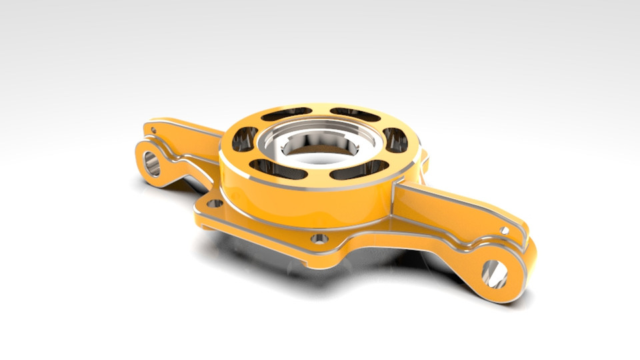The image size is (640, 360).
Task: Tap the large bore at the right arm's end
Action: pyautogui.click(x=495, y=271)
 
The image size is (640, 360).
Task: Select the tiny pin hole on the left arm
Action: pyautogui.click(x=153, y=130)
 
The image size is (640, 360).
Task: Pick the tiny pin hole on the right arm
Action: pyautogui.click(x=505, y=231)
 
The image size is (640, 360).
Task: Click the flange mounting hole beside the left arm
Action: pyautogui.click(x=213, y=203)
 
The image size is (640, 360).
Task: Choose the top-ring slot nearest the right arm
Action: pyautogui.click(x=395, y=139)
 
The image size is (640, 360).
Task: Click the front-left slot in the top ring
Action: pyautogui.click(x=277, y=169)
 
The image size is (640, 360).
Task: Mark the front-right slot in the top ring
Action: pyautogui.click(x=360, y=169)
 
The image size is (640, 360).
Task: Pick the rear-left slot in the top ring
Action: pyautogui.click(x=286, y=115)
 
